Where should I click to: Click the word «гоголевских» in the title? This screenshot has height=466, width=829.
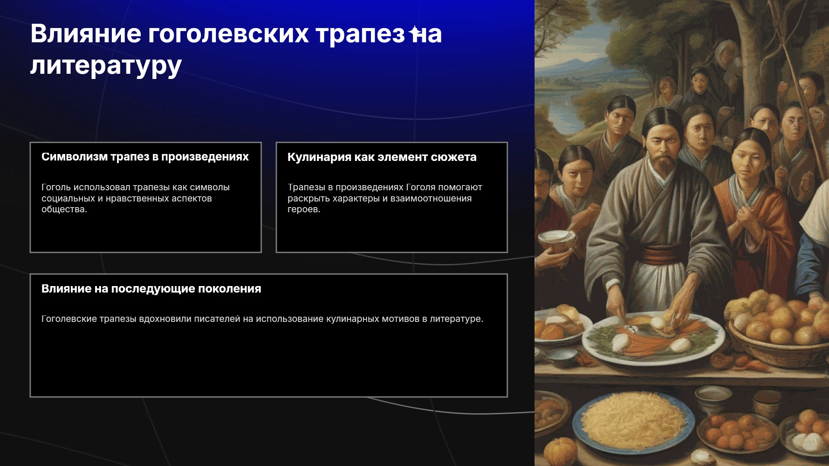pyautogui.click(x=228, y=34)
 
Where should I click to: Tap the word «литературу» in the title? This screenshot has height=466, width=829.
pyautogui.click(x=106, y=66)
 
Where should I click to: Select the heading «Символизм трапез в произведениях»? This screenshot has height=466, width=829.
pyautogui.click(x=145, y=157)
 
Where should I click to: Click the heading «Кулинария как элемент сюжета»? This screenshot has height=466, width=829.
pyautogui.click(x=382, y=157)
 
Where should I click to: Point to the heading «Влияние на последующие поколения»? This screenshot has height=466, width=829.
pyautogui.click(x=151, y=289)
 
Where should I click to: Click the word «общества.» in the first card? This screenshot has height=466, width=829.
pyautogui.click(x=64, y=209)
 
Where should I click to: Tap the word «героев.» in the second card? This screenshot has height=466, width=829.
pyautogui.click(x=304, y=209)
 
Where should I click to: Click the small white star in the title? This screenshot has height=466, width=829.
pyautogui.click(x=415, y=31)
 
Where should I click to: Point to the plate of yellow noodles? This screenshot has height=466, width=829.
pyautogui.click(x=633, y=421)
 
